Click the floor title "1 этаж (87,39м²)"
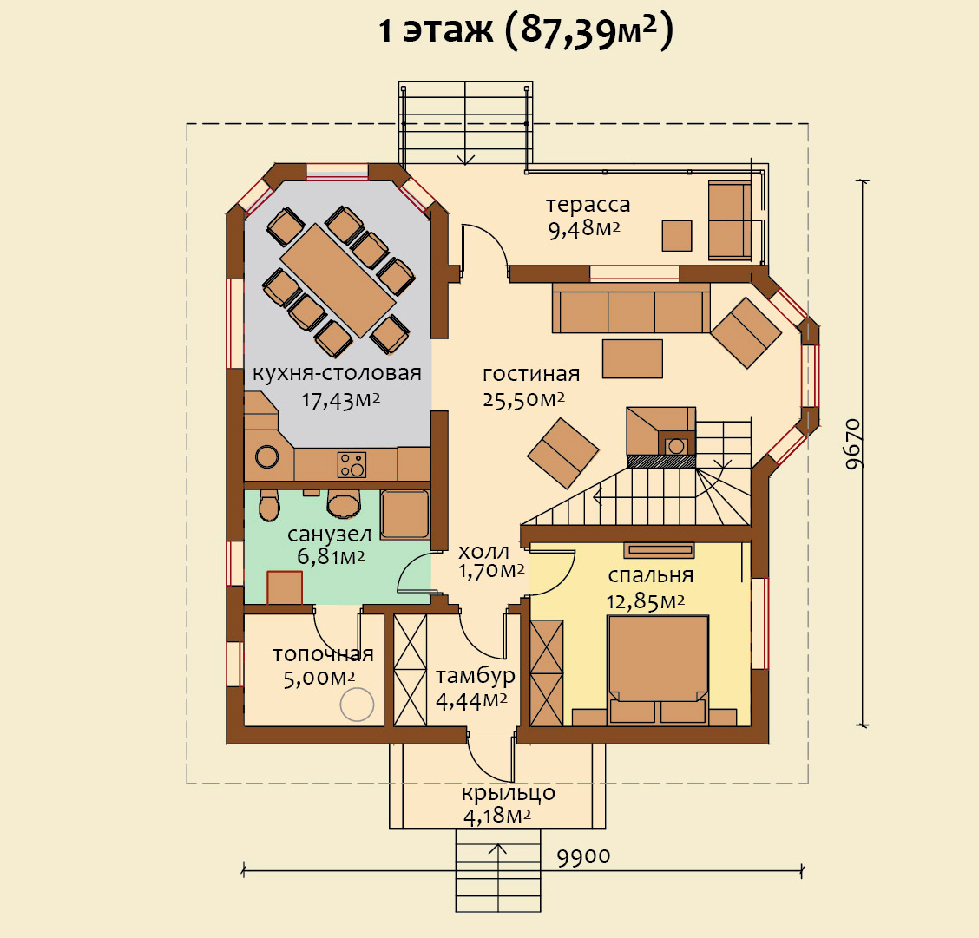(x=526, y=30)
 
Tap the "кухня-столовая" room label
(x=337, y=373)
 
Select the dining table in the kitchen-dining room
(x=338, y=280)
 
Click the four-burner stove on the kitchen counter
(x=352, y=464)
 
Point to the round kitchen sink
(x=266, y=456)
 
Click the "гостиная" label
(x=531, y=374)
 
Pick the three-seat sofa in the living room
(x=631, y=309)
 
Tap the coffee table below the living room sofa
(x=632, y=359)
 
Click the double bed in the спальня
(x=658, y=670)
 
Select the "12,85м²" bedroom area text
(x=646, y=601)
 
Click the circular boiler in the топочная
(x=357, y=704)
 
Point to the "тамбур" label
(x=475, y=676)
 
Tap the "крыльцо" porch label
(x=509, y=793)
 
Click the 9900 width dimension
(x=583, y=857)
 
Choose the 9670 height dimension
(x=853, y=443)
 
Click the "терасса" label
(x=588, y=205)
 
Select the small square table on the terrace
(x=677, y=236)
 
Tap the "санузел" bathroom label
(x=329, y=535)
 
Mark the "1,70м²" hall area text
(x=491, y=571)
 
